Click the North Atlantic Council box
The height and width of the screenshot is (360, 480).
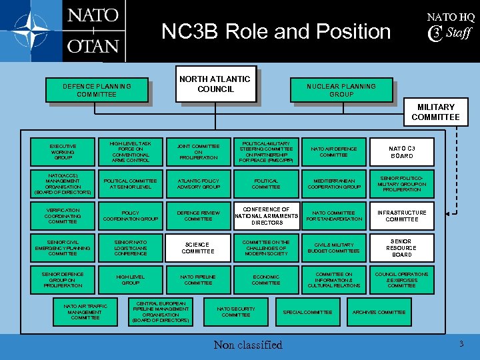[215, 84]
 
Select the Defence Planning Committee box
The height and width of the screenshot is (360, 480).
[97, 90]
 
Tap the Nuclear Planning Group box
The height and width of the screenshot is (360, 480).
[341, 90]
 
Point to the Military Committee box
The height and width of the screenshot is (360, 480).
[435, 112]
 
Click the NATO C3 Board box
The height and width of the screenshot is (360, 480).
[402, 152]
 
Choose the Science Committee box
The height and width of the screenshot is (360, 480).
[198, 248]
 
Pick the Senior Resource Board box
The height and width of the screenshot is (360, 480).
[402, 248]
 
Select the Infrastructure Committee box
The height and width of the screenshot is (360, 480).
[402, 216]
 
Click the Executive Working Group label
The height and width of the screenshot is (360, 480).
[63, 152]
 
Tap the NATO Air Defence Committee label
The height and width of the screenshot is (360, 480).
[333, 152]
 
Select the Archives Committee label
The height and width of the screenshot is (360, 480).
[379, 312]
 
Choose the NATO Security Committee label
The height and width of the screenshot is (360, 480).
[236, 311]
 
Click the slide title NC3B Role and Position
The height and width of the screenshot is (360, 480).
[276, 31]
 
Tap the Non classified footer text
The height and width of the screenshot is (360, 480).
[248, 345]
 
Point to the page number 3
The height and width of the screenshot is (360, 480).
[461, 343]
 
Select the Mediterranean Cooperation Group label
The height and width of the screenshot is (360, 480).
[333, 184]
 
